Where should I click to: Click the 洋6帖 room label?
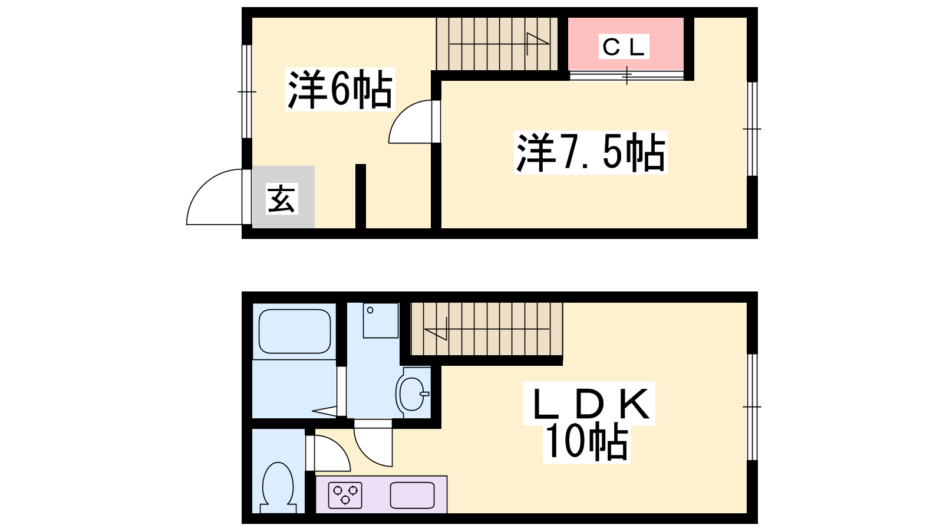(x=340, y=89)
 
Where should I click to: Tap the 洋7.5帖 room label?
(x=591, y=152)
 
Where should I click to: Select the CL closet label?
(x=624, y=47)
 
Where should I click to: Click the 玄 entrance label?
(x=282, y=198)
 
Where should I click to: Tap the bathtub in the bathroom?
(x=294, y=331)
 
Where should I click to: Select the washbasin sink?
(x=413, y=393)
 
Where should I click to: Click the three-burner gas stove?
(x=345, y=495)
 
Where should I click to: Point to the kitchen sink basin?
(x=412, y=495)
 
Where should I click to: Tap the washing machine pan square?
(x=381, y=320)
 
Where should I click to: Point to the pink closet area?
(x=625, y=44)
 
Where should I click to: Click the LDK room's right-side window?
(x=752, y=407)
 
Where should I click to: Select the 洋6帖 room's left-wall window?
(x=247, y=91)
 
